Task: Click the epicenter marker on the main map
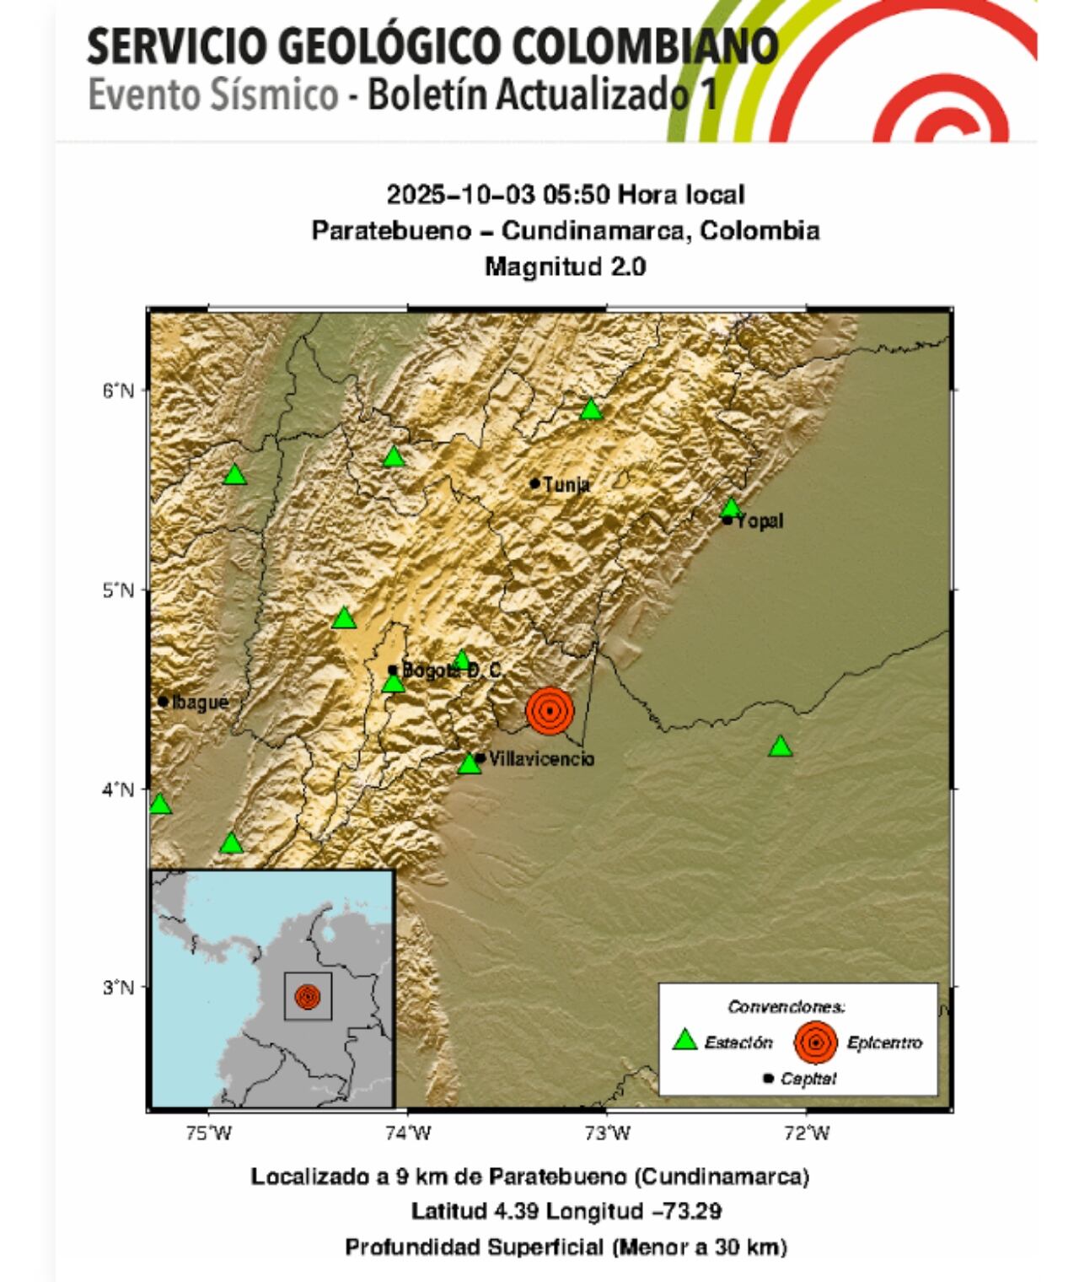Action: (550, 710)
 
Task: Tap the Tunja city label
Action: (566, 484)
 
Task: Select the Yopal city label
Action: (760, 521)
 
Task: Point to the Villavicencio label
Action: (541, 759)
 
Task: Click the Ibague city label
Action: (200, 702)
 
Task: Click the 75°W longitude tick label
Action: (208, 1134)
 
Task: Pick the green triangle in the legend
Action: (685, 1040)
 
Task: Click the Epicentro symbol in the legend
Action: (815, 1042)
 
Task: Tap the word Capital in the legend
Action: (808, 1079)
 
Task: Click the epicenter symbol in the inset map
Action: (308, 997)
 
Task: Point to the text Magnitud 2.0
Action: (565, 267)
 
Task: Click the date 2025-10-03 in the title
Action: (461, 195)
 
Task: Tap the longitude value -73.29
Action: (684, 1211)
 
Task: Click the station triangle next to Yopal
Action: (731, 508)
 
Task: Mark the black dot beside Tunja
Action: (534, 483)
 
